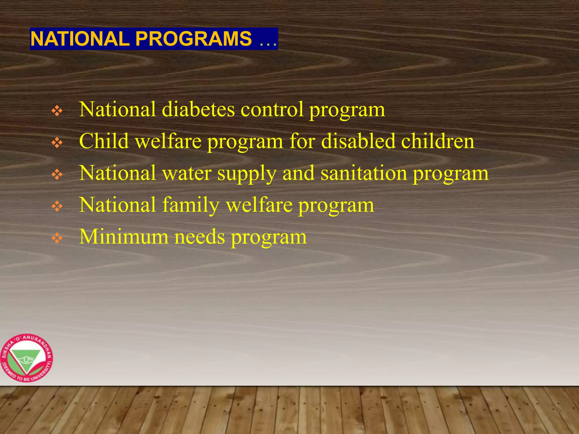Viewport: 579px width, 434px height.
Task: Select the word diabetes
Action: [198, 109]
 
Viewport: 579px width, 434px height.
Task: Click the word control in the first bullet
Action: [272, 109]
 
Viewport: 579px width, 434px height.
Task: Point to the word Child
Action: [104, 141]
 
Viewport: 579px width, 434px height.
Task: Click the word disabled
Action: [358, 141]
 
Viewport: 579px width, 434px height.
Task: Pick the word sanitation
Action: [364, 173]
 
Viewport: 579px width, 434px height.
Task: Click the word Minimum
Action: [124, 237]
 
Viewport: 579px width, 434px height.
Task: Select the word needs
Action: [200, 237]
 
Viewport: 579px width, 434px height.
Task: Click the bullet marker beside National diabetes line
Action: [57, 111]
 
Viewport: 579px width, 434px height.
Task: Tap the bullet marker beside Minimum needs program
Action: [57, 238]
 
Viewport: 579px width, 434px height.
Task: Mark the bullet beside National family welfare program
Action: [57, 207]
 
